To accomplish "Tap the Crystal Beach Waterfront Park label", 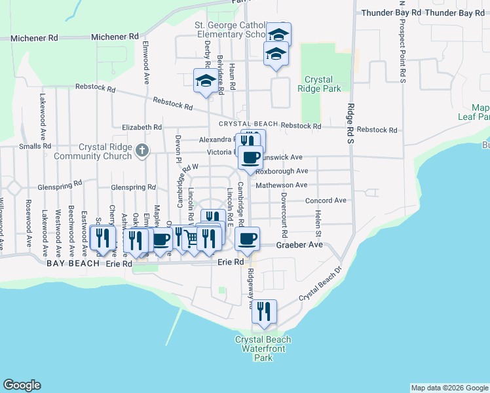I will (x=263, y=348).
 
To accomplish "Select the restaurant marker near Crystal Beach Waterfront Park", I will (x=264, y=312).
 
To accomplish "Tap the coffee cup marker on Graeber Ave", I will (x=247, y=240).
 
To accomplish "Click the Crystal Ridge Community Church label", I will (x=105, y=152).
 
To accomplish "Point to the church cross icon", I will (x=141, y=152).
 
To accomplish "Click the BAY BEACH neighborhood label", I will (x=73, y=263).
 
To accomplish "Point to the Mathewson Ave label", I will (x=282, y=185).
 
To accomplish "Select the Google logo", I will (x=22, y=385).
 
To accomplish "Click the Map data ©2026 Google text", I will (x=449, y=388).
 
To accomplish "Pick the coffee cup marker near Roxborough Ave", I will (x=250, y=157).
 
